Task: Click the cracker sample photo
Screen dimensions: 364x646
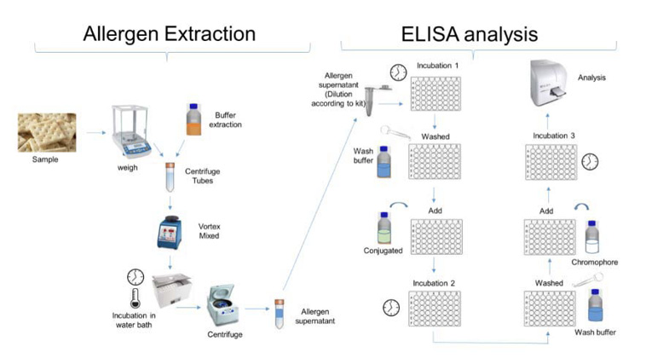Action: coord(47,131)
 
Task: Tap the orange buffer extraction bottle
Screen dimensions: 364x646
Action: coord(193,120)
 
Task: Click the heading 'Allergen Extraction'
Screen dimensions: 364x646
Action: coord(169,34)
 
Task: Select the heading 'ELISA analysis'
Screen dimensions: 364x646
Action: coord(470,34)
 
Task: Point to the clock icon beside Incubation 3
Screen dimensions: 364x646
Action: coord(590,161)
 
